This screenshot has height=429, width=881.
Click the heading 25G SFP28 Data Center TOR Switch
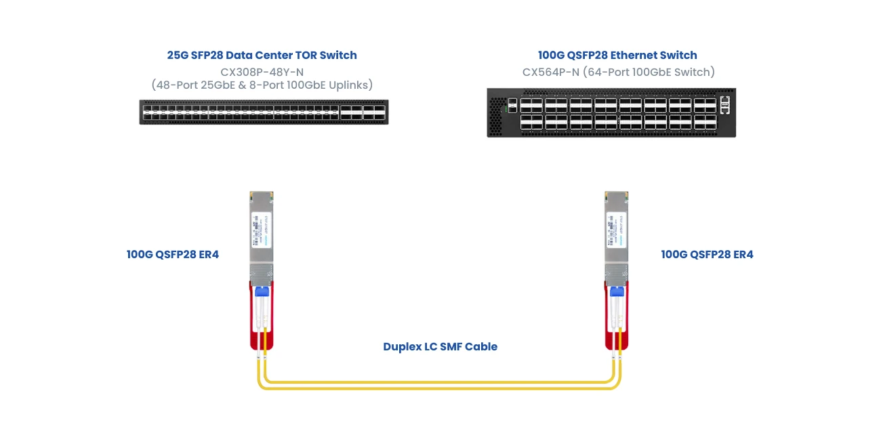click(262, 55)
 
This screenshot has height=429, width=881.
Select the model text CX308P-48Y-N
click(262, 71)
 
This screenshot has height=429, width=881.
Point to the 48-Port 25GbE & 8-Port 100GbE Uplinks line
click(262, 85)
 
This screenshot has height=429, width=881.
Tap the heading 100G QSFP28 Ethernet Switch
click(617, 55)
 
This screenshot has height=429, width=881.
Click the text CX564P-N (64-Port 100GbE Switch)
click(618, 72)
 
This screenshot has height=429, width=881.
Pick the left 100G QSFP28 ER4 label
click(173, 255)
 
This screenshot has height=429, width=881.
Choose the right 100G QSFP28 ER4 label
click(707, 255)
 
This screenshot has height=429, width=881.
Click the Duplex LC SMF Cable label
click(440, 347)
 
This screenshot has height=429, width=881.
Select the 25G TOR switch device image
click(264, 112)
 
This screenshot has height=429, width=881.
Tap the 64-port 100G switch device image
click(611, 113)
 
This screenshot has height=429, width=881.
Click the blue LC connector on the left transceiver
click(261, 292)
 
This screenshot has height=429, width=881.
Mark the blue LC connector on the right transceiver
click(616, 291)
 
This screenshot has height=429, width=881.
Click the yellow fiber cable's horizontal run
click(440, 384)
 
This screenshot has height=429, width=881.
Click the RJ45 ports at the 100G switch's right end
click(726, 104)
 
